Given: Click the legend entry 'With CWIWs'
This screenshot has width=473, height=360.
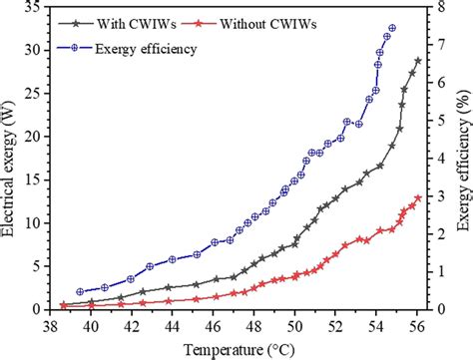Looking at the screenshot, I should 136,21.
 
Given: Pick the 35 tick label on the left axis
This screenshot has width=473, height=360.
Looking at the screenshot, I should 32,7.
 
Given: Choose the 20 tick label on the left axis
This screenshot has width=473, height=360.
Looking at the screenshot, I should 32,137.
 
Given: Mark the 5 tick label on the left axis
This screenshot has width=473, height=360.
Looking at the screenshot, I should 36,266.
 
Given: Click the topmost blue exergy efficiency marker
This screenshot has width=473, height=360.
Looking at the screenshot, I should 392,28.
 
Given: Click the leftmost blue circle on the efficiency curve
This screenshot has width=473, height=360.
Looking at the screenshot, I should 80,292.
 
